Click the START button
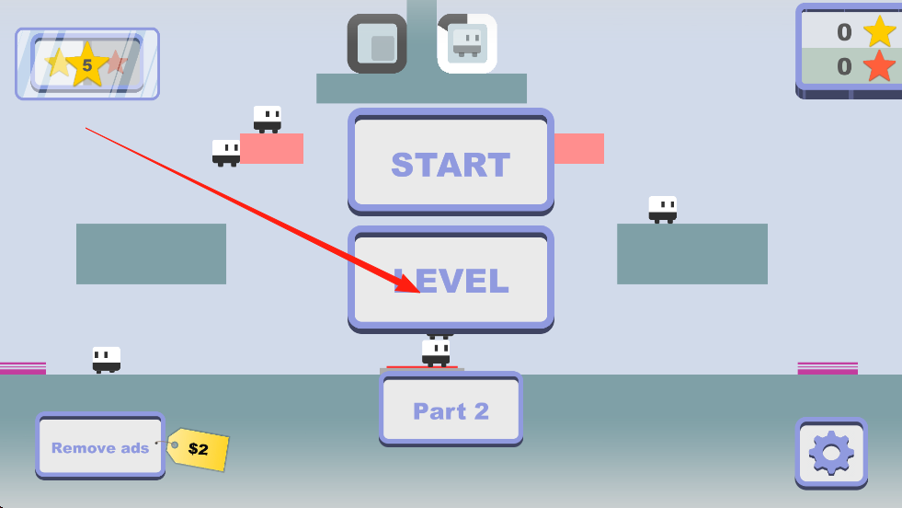click(451, 164)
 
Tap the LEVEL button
click(451, 280)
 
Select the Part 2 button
click(451, 410)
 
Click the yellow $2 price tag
click(199, 449)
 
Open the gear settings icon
click(831, 452)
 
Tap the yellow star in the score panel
click(879, 32)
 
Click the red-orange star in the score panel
click(879, 66)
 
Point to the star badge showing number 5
click(87, 64)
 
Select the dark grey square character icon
click(377, 43)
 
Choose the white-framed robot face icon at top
click(468, 43)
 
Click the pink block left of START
click(271, 148)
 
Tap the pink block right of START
click(579, 148)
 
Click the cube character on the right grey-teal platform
click(663, 209)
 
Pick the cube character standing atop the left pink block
click(268, 119)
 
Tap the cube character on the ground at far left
click(107, 359)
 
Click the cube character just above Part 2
click(436, 352)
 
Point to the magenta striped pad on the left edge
click(23, 368)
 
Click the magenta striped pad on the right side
click(828, 368)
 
